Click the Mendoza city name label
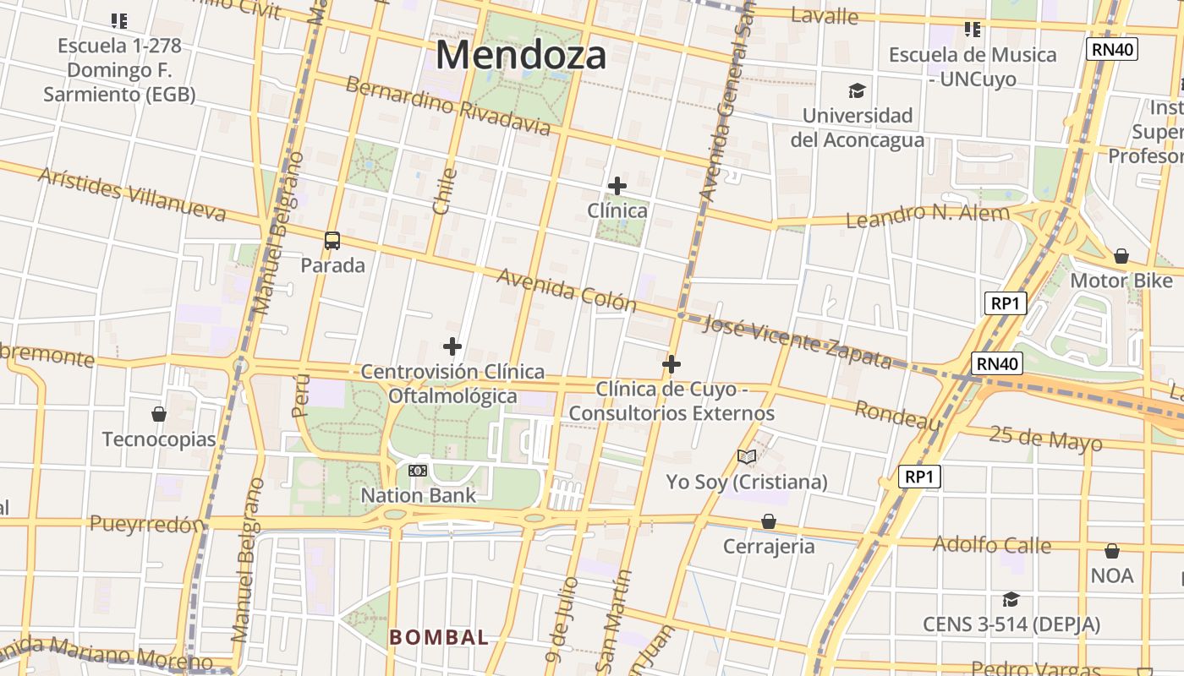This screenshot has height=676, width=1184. [x=521, y=56]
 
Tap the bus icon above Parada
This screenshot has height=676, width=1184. [x=332, y=241]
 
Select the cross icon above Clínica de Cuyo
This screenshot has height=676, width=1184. [x=671, y=364]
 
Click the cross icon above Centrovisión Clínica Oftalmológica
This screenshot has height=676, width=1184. [x=452, y=346]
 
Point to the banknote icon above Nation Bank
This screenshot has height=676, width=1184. [x=418, y=471]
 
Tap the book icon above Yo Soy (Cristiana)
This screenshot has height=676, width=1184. [x=746, y=457]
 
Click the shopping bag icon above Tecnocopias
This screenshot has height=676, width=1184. [x=158, y=414]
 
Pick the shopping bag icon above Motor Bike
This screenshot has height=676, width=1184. [x=1121, y=255]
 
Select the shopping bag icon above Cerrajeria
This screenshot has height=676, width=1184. [x=769, y=521]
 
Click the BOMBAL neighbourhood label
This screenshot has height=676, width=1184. [x=439, y=637]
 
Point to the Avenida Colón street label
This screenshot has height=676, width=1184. [x=566, y=289]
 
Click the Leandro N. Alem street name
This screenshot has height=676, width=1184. [x=928, y=215]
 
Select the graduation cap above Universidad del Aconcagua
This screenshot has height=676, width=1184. [x=858, y=90]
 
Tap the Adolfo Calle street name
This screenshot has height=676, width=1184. [x=991, y=544]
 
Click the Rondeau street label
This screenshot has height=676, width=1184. [x=897, y=415]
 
